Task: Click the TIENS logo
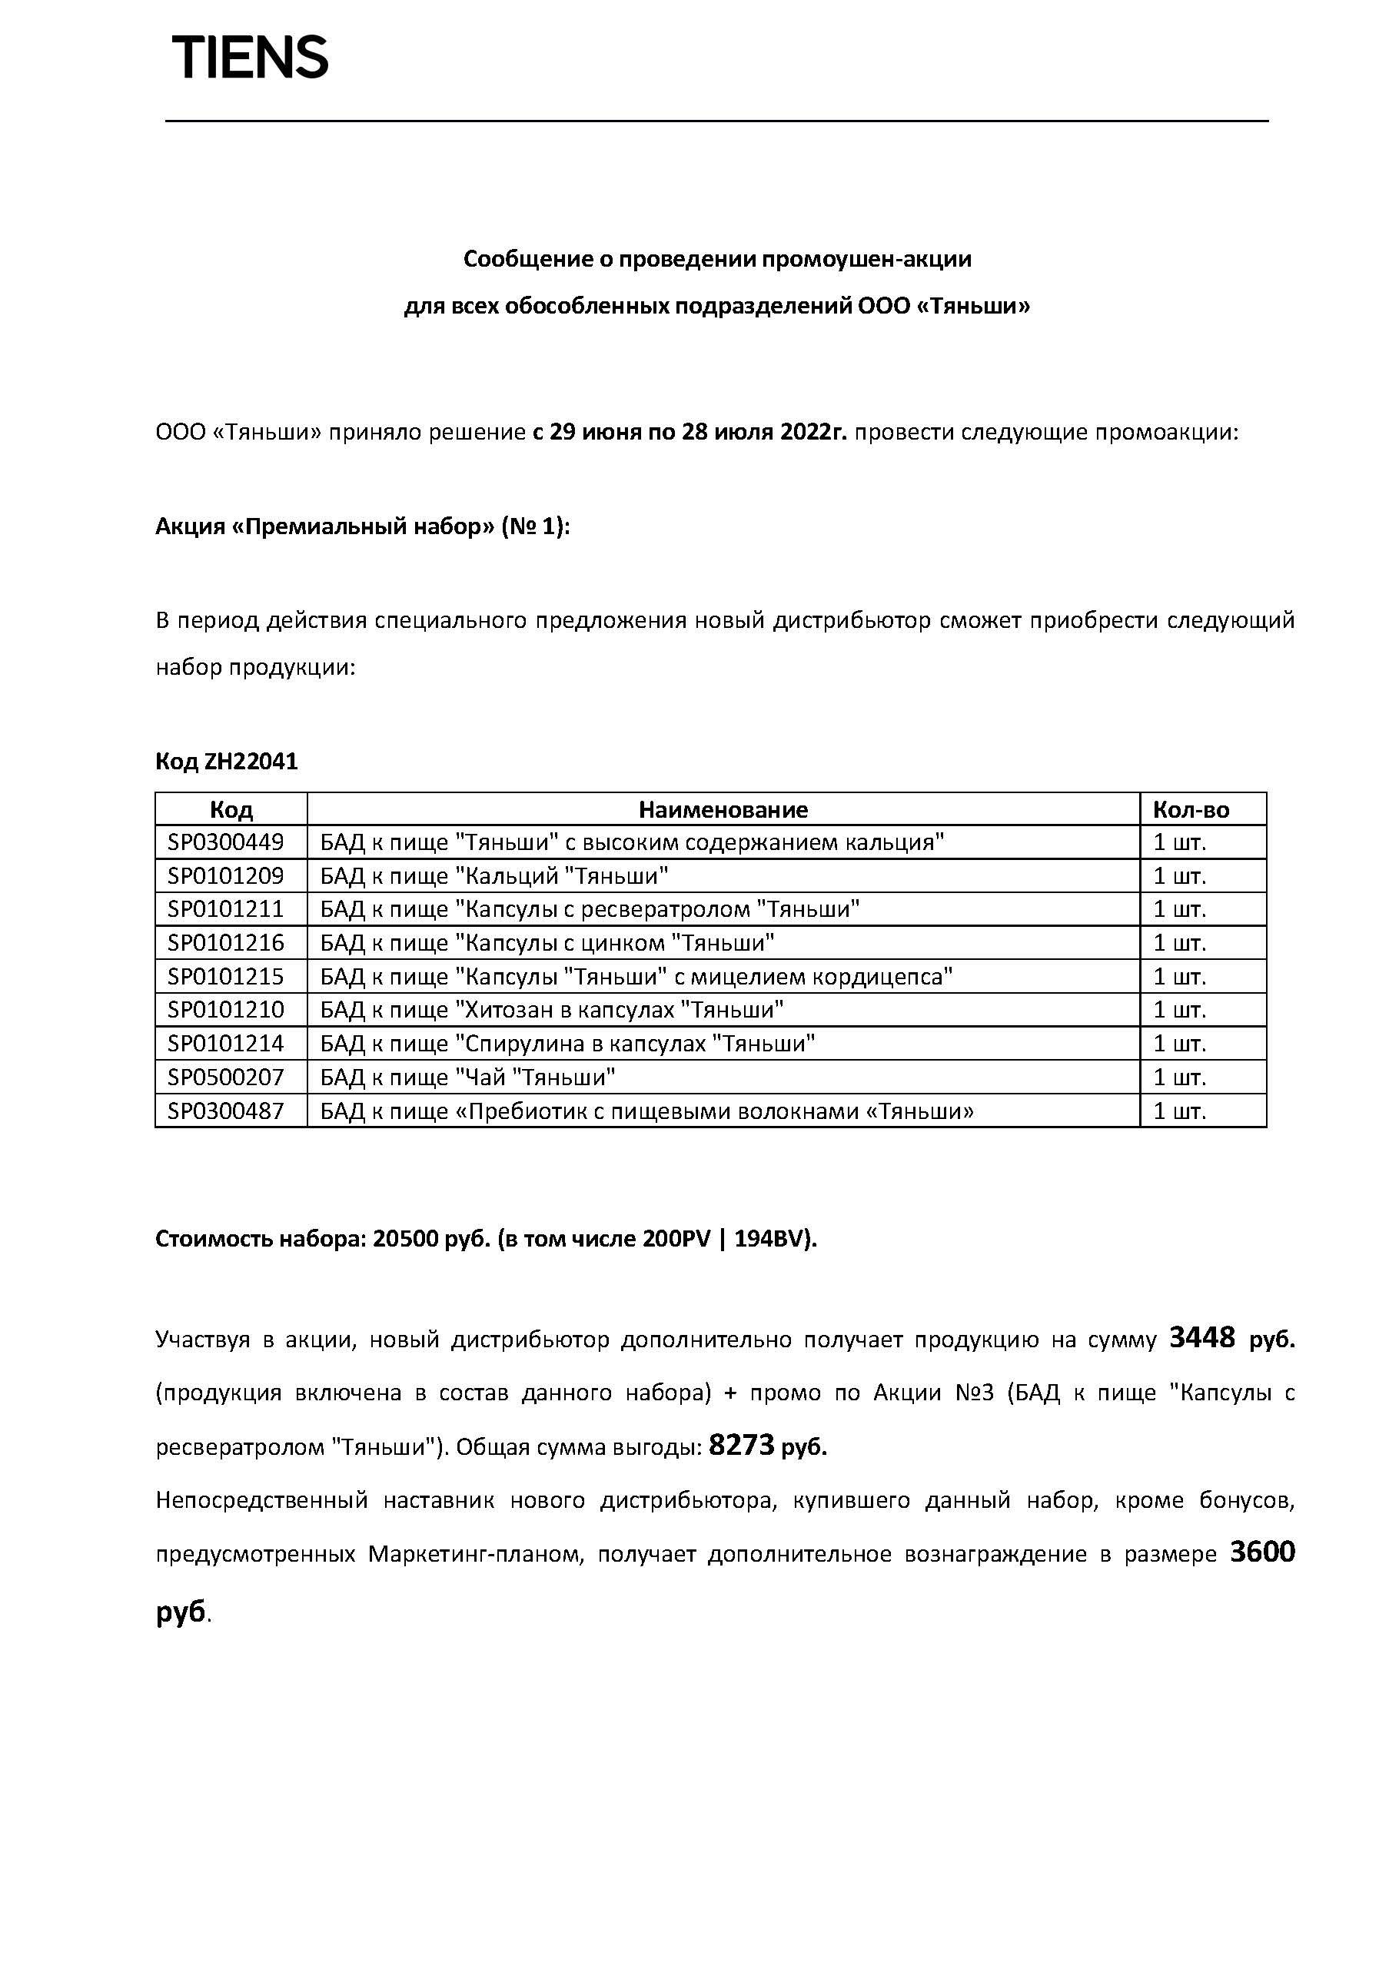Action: [x=251, y=58]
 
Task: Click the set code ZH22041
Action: [x=251, y=762]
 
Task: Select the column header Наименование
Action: [x=723, y=809]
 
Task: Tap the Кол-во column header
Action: [x=1191, y=809]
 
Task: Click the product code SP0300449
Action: [x=226, y=842]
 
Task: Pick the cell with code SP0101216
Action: [x=226, y=943]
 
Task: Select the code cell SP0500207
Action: [x=226, y=1077]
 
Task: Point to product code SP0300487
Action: [x=226, y=1111]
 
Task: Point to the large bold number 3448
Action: [x=1201, y=1338]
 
